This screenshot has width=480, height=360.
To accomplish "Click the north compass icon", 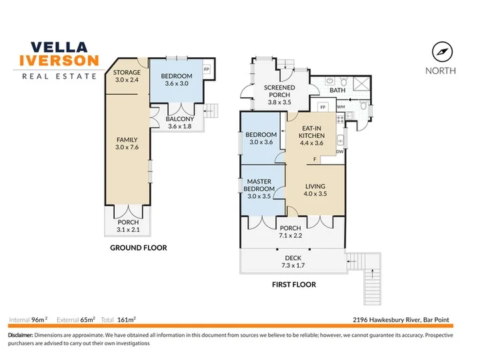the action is (442, 52).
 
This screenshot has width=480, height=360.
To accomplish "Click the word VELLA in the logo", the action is (59, 47).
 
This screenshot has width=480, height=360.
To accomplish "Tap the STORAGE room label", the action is (127, 73).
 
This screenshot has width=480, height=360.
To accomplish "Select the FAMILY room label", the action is (127, 140).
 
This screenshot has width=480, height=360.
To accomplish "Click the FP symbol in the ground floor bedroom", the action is (207, 69).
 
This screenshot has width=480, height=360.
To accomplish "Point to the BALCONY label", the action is (180, 119).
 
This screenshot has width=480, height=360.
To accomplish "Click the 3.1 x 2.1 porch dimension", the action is (128, 229).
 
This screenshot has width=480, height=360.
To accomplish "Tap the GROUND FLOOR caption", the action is (139, 247).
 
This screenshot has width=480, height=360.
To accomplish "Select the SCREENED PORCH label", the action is (279, 91).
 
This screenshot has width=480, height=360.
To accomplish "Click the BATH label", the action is (337, 90).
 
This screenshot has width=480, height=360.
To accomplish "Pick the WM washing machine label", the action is (341, 107).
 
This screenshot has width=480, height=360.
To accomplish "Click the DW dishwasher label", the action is (340, 151).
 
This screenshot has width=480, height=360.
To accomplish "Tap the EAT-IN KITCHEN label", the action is (311, 132).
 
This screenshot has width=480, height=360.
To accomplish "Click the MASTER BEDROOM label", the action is (259, 185).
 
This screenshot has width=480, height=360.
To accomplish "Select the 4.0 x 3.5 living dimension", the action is (315, 194).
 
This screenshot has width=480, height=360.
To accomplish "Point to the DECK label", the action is (293, 258).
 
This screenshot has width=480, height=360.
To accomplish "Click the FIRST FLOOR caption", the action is (294, 285).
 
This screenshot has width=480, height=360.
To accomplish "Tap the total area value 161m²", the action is (127, 320).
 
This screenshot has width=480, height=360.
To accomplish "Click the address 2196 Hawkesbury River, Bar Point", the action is (401, 320).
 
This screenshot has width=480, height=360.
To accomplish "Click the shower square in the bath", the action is (361, 83).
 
